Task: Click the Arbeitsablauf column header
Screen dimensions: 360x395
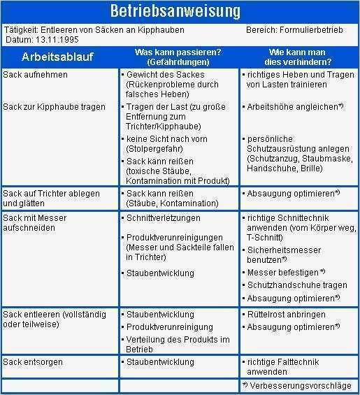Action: point(57,56)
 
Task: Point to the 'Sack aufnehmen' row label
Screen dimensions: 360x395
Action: point(36,74)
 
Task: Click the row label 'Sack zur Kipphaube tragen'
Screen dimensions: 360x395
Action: point(55,107)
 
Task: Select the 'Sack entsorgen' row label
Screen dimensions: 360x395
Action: point(33,361)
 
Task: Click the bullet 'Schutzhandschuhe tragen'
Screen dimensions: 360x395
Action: point(297,285)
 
